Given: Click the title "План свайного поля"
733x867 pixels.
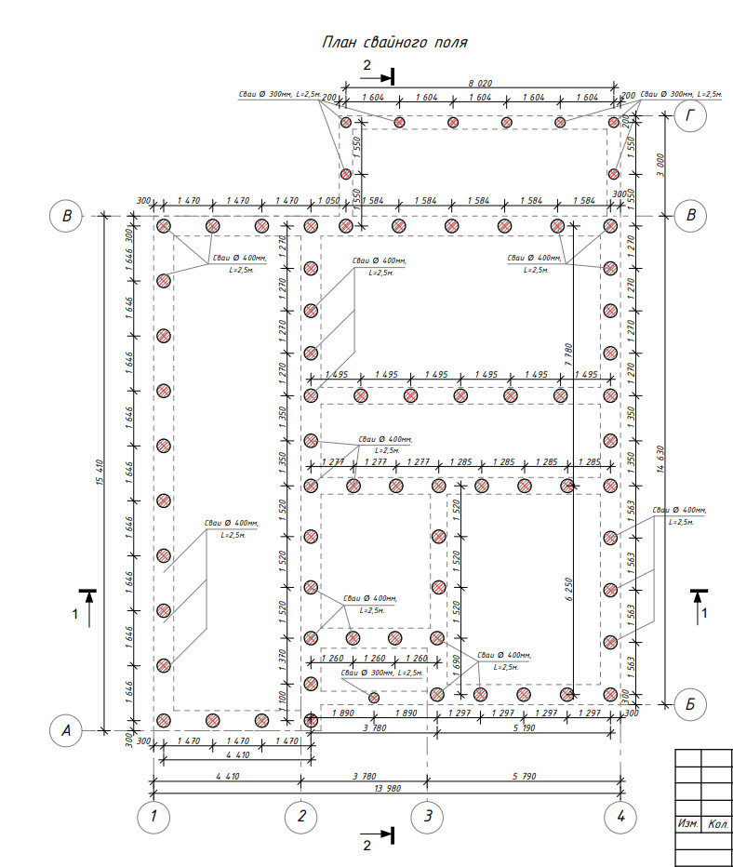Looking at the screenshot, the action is pos(393,43).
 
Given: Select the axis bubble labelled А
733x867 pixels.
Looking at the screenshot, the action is pos(66,731).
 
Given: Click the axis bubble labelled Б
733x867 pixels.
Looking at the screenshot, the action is pos(690,704).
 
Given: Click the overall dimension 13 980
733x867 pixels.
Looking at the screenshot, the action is pos(386,789).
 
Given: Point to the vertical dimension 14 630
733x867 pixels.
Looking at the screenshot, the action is pos(661,456).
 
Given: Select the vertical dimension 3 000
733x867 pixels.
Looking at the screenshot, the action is pos(661,164).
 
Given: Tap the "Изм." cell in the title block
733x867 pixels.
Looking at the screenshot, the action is pos(687,824).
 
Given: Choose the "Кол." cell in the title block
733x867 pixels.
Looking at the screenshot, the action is pos(717,824).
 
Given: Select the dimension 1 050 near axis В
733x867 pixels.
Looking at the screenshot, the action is pos(327,201).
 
